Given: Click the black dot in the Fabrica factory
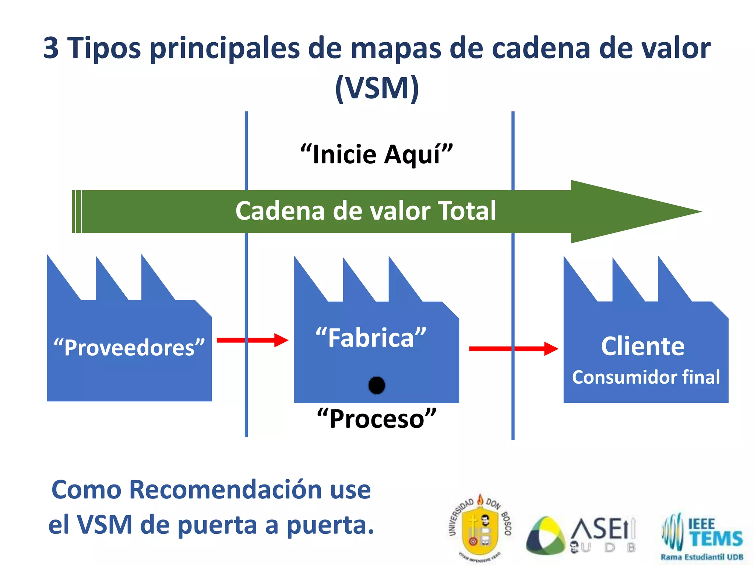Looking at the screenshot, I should tap(377, 385).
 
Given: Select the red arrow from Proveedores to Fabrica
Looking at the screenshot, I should tap(253, 340).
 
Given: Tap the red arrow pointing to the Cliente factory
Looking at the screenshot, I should tap(514, 349).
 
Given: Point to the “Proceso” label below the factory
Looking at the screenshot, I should tap(377, 419).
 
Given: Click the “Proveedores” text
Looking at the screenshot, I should tap(129, 348).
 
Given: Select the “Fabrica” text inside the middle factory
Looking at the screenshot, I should tap(371, 338).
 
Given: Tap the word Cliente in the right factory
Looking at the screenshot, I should tap(643, 346).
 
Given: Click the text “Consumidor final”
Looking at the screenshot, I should tap(646, 377).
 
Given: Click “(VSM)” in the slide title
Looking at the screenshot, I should tap(377, 88).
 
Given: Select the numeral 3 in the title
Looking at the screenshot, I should tap(51, 48).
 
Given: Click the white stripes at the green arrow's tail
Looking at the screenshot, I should tap(77, 212).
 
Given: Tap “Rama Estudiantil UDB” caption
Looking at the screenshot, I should tap(702, 557).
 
